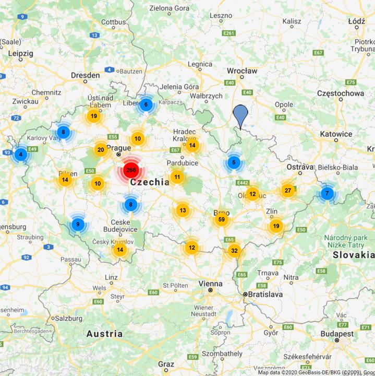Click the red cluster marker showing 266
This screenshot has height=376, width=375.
pos(130,170)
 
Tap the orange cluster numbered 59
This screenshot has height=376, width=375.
pos(222,219)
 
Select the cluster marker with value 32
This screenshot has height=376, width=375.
pos(234,251)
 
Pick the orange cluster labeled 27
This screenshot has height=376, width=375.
pos(288,190)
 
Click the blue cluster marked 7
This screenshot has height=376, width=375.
pos(327,193)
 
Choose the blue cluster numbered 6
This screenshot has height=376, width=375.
pos(146,104)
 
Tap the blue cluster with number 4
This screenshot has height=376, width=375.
pos(21,155)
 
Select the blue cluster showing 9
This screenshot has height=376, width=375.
pos(78,225)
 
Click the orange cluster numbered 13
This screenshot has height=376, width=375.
pos(183,210)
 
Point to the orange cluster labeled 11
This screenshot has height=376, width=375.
pos(177,177)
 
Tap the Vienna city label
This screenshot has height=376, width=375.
pos(210,283)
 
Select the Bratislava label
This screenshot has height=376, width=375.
pos(265,295)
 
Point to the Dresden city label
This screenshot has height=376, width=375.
pos(86,75)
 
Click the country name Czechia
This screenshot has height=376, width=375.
pos(150,182)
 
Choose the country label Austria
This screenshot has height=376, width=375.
pos(104,334)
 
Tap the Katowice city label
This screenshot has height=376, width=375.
pos(336,134)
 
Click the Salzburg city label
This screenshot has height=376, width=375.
pos(69,318)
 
